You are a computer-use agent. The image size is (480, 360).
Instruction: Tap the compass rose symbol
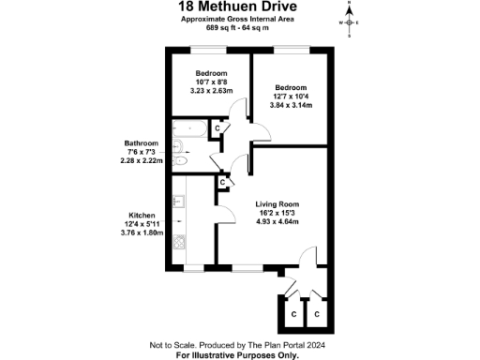[348, 21]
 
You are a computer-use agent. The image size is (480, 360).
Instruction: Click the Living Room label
[277, 203]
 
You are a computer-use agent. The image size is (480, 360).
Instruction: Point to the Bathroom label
[142, 143]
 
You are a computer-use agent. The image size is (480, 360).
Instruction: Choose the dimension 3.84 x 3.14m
[291, 105]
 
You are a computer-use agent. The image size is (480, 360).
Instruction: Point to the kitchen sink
[179, 200]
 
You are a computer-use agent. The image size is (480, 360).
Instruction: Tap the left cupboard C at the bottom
[293, 313]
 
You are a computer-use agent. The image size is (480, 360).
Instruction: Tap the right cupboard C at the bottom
[318, 313]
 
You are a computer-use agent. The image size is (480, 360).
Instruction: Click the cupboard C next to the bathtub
[217, 128]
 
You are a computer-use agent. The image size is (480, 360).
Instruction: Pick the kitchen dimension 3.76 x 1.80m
[142, 232]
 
